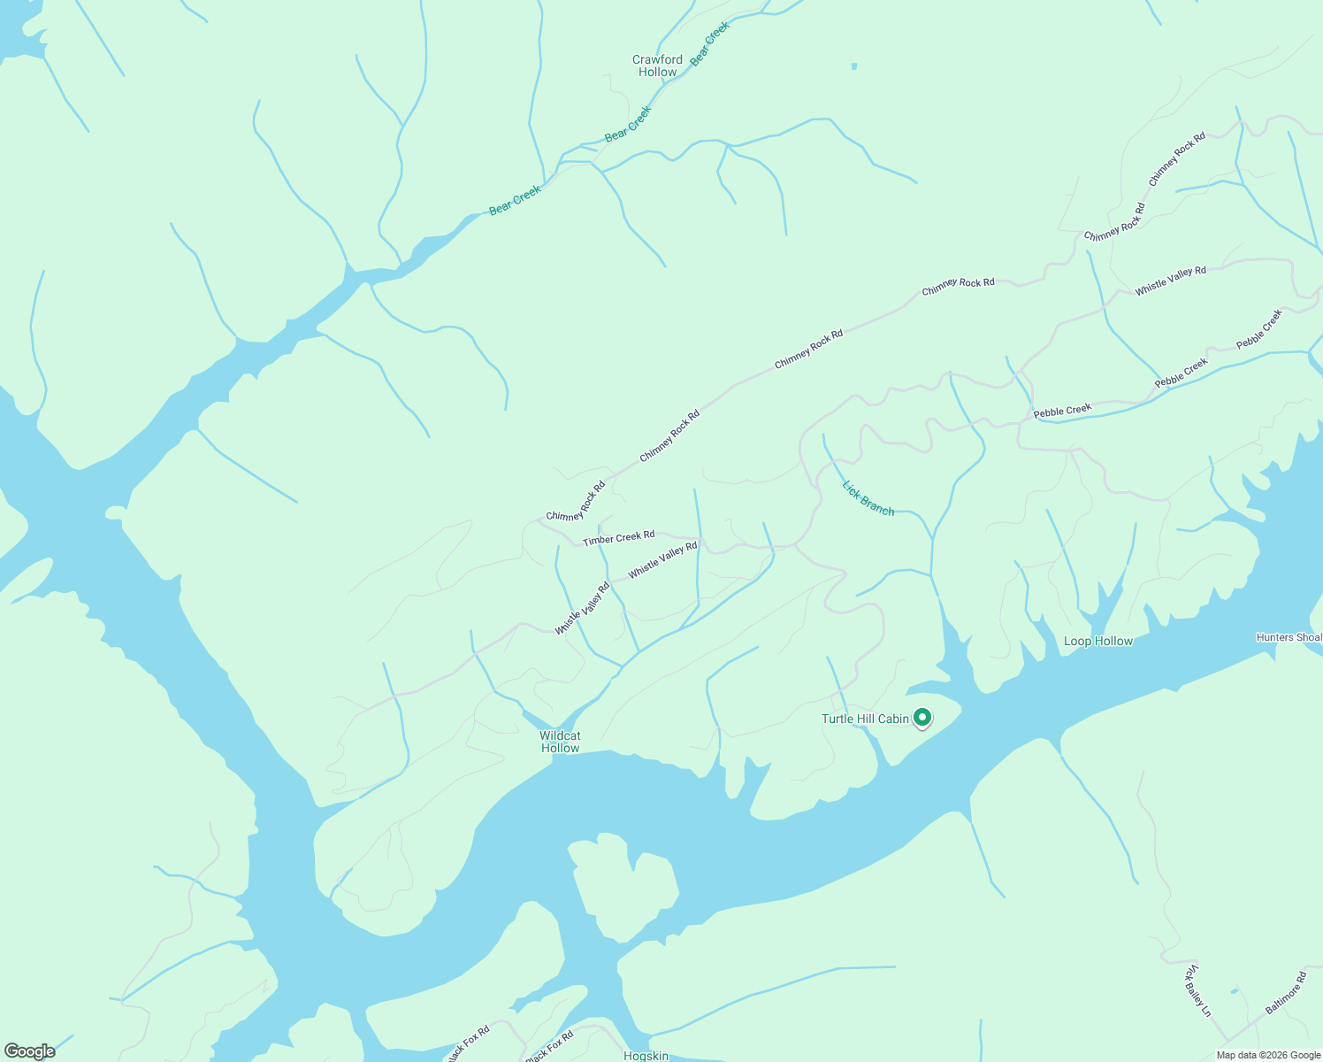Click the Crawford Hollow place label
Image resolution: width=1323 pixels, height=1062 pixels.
(x=657, y=66)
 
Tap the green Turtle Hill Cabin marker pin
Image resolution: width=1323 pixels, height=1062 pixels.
(x=922, y=718)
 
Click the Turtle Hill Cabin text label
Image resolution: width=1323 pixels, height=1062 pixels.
(x=865, y=719)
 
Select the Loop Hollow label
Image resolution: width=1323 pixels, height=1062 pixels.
(x=1097, y=642)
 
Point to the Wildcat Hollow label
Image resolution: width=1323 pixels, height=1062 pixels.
(x=560, y=742)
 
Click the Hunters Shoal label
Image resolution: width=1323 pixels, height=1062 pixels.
(x=1289, y=637)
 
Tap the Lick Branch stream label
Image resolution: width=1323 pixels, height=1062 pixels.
(x=868, y=498)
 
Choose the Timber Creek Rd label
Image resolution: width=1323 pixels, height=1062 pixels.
(x=618, y=538)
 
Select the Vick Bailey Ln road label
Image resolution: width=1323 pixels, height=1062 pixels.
(x=1197, y=990)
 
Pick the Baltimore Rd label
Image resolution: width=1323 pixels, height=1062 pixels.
(x=1285, y=994)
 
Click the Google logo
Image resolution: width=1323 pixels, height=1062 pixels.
(x=30, y=1051)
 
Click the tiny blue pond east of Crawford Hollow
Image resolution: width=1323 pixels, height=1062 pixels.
(x=853, y=65)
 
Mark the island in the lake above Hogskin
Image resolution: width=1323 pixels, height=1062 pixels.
(x=624, y=885)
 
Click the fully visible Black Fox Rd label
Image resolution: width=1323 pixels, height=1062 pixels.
(x=550, y=1046)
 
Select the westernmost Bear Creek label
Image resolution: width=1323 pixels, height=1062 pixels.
(x=515, y=201)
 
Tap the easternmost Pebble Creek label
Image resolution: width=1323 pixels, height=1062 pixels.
(x=1258, y=329)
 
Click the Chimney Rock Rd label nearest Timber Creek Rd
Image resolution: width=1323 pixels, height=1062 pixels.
(x=576, y=502)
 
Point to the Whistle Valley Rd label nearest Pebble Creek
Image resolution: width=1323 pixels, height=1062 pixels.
(x=1170, y=281)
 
